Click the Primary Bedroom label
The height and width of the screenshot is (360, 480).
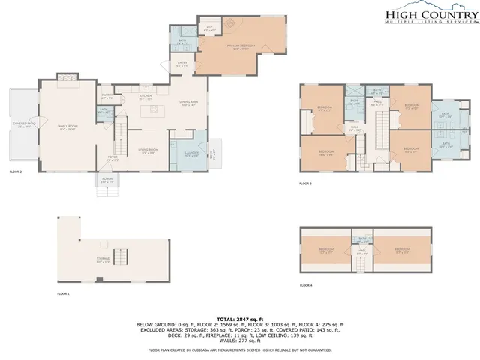[x=241, y=47]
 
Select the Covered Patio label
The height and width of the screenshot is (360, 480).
[x=22, y=124]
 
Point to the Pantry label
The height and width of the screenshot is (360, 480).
[x=107, y=96]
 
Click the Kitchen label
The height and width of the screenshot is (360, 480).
[x=145, y=97]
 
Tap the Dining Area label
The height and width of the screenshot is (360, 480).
[x=187, y=103]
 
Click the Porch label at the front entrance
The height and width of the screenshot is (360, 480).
[x=107, y=179]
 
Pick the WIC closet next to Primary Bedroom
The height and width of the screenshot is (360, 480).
[x=211, y=28]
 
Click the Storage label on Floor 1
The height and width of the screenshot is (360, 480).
[x=103, y=259]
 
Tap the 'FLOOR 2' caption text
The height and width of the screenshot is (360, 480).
[x=16, y=172]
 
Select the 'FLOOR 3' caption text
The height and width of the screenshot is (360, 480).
[x=305, y=184]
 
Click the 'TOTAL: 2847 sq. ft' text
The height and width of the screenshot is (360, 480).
[x=239, y=319]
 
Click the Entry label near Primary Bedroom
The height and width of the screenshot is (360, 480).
[x=182, y=65]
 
